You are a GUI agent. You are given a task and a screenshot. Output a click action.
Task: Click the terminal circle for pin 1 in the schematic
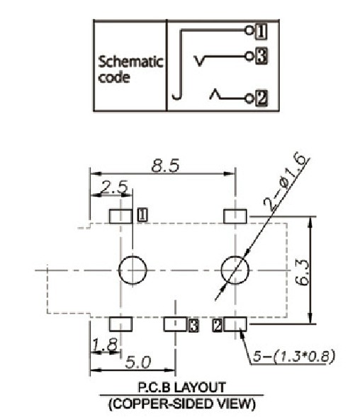coord(249,30)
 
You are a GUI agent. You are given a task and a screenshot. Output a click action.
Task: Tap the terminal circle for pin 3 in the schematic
coord(249,56)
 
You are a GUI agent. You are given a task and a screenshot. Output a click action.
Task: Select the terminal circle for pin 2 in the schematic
coord(249,98)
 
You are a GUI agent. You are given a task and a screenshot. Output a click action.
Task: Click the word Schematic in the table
coord(130,62)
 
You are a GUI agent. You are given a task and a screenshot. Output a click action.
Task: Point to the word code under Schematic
coord(114,77)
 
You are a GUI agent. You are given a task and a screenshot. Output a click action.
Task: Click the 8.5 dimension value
coord(165,166)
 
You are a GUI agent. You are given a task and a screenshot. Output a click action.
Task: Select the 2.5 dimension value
coord(114,188)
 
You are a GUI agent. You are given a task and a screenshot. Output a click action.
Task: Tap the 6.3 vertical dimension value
coord(303,273)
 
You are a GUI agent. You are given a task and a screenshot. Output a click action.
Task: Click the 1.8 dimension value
coord(104,345)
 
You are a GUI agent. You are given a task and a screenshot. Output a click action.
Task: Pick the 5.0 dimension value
coord(138,362)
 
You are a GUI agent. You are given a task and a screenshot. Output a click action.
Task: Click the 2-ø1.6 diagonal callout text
coord(284,182)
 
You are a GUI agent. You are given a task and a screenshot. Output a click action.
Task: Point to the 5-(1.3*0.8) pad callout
coord(293,356)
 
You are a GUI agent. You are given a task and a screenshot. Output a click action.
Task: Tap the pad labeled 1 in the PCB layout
coord(120,216)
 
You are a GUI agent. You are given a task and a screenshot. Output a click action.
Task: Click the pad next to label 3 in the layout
coord(175,324)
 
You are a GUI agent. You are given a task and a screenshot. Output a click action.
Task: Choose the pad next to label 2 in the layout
coord(235,324)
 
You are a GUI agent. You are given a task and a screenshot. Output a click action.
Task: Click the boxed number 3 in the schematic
coord(261,56)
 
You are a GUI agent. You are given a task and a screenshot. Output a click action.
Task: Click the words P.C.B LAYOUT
coord(182,387)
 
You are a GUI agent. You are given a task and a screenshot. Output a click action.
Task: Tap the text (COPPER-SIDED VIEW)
coord(182,404)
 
